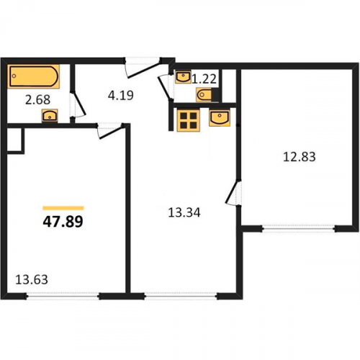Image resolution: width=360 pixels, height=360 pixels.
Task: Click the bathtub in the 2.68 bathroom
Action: pyautogui.click(x=33, y=76)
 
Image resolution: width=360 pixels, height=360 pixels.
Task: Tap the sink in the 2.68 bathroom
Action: pyautogui.click(x=50, y=116)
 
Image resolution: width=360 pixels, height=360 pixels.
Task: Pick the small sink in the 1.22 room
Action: pyautogui.click(x=183, y=77)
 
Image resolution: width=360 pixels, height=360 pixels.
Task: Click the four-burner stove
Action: pyautogui.click(x=189, y=120)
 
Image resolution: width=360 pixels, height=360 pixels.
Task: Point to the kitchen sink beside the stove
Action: pyautogui.click(x=220, y=118)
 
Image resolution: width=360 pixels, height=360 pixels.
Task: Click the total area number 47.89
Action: pyautogui.click(x=63, y=221)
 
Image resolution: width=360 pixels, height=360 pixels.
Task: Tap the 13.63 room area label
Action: pyautogui.click(x=32, y=279)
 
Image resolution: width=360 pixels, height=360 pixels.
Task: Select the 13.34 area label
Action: pyautogui.click(x=184, y=212)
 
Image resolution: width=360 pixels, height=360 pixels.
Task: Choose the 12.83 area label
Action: pyautogui.click(x=300, y=157)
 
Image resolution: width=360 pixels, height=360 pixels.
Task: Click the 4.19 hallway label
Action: pyautogui.click(x=120, y=95)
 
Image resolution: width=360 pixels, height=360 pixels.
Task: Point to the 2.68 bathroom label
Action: pyautogui.click(x=37, y=99)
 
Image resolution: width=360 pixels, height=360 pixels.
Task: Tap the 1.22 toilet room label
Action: pyautogui.click(x=204, y=79)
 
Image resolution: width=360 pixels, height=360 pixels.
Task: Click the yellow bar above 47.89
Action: pyautogui.click(x=63, y=208)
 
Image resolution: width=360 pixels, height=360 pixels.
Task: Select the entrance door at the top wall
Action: pyautogui.click(x=143, y=67)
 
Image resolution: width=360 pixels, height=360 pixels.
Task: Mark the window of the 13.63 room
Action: pyautogui.click(x=63, y=297)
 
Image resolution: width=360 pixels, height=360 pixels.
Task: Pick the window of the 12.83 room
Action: pyautogui.click(x=299, y=229)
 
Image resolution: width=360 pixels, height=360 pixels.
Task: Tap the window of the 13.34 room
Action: pyautogui.click(x=181, y=297)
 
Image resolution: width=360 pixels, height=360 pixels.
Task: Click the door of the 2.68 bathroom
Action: pyautogui.click(x=77, y=105)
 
